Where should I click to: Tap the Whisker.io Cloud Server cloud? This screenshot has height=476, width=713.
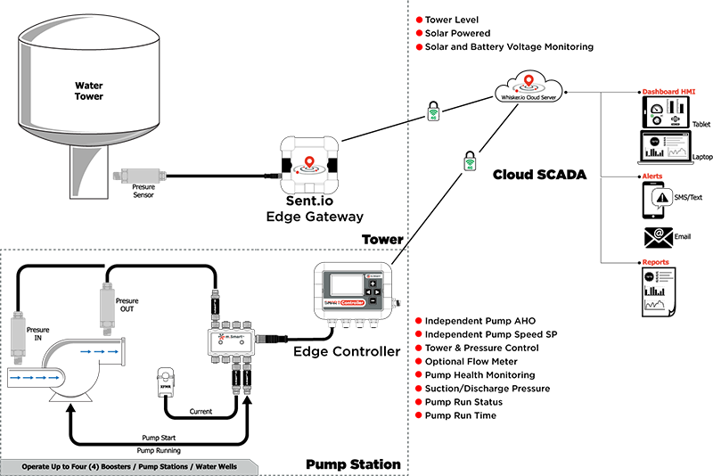tap(531, 90)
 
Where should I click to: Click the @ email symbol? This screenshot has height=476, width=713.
tap(659, 234)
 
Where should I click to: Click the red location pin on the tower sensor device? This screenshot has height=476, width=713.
tap(308, 161)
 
